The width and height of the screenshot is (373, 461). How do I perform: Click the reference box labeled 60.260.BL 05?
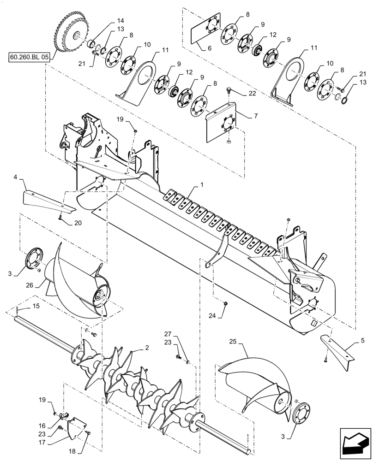[x=29, y=58]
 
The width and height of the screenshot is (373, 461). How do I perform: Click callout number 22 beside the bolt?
[x=252, y=93]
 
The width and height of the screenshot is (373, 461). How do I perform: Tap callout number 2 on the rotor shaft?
[x=146, y=348]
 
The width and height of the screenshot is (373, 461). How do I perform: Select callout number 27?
[x=168, y=334]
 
